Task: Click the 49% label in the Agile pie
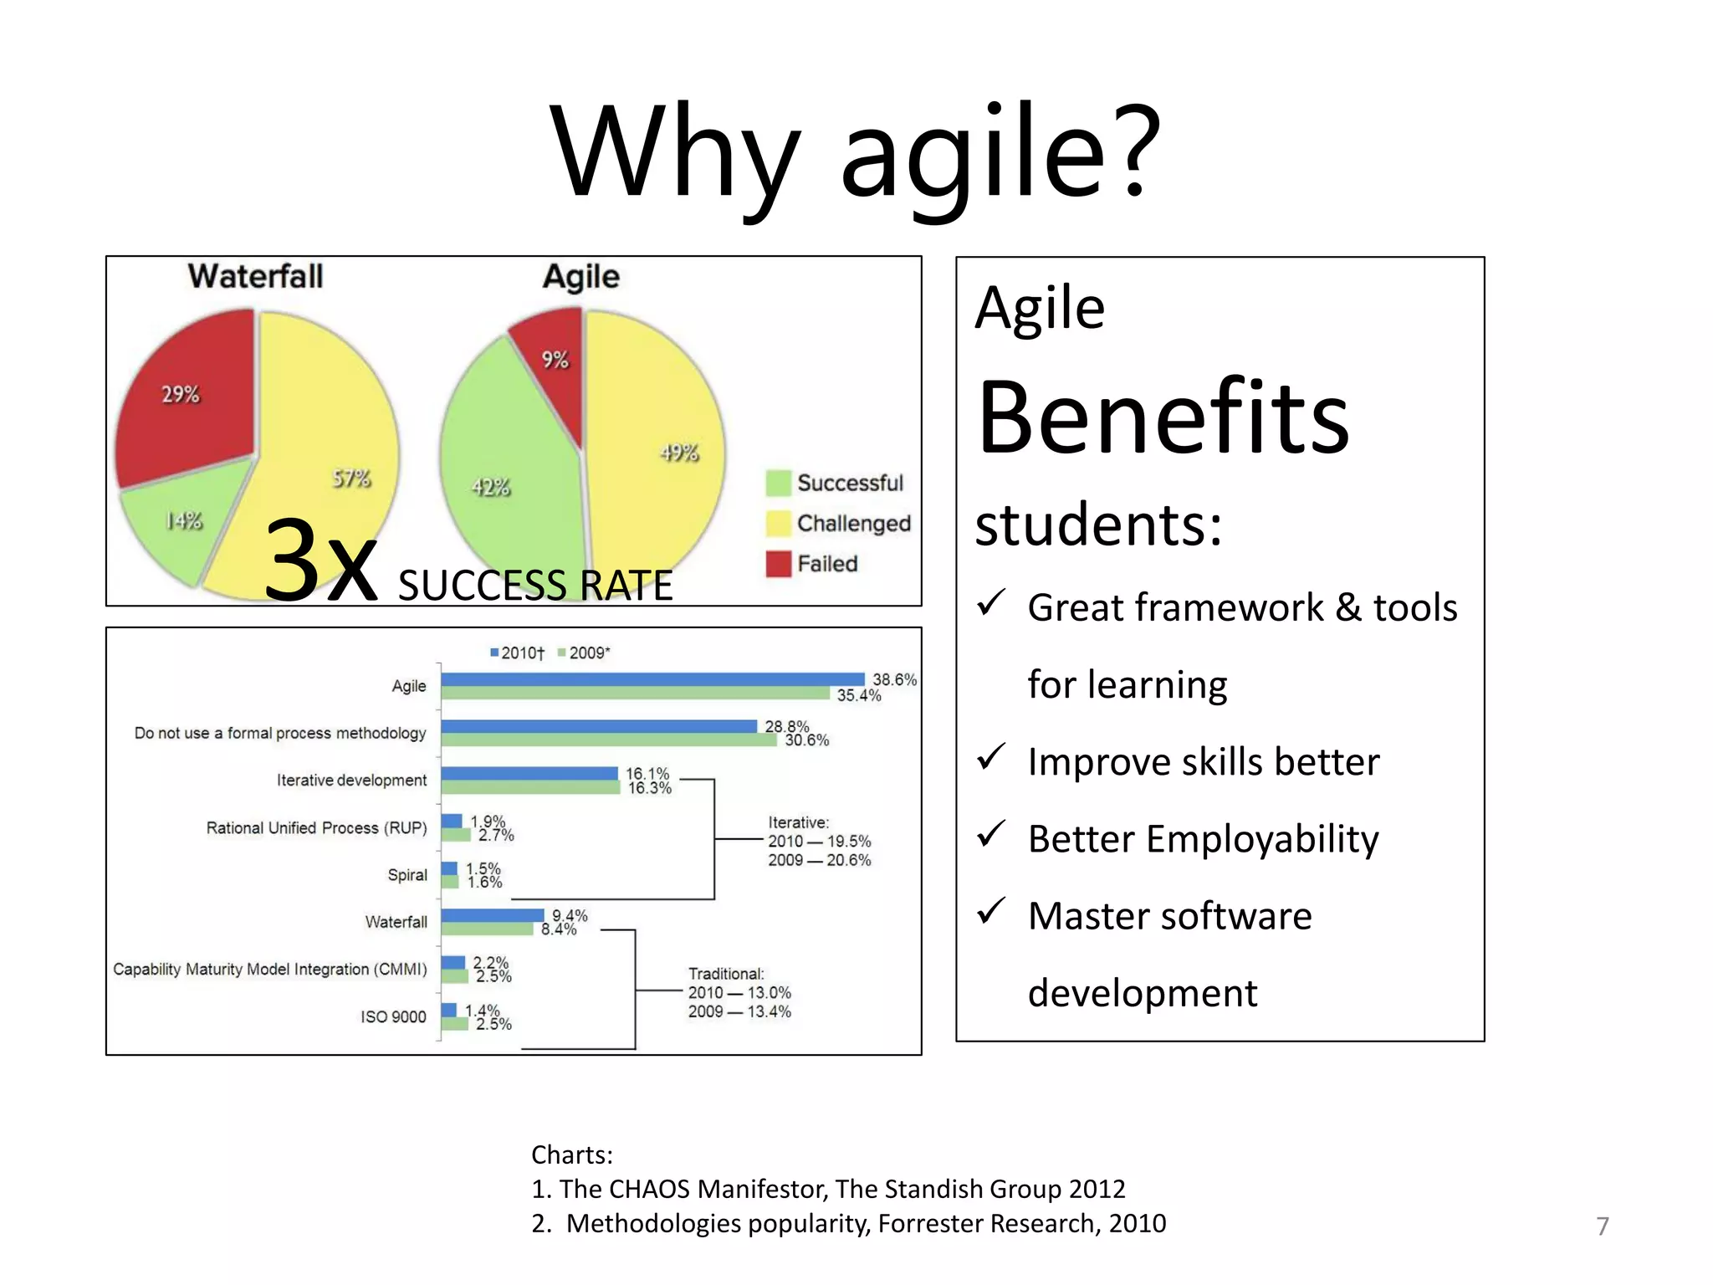[x=679, y=453]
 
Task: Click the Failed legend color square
[x=778, y=564]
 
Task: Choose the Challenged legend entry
[x=852, y=524]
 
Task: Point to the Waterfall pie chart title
[x=255, y=276]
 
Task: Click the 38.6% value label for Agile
[x=894, y=679]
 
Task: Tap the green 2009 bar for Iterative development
[x=529, y=787]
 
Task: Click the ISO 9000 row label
[x=393, y=1016]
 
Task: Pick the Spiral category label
[x=407, y=875]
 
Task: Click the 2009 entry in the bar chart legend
[x=585, y=653]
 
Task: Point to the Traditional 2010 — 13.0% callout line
[x=739, y=993]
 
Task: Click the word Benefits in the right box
[x=1163, y=418]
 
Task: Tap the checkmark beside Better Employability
[x=991, y=833]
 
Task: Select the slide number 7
[x=1602, y=1226]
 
